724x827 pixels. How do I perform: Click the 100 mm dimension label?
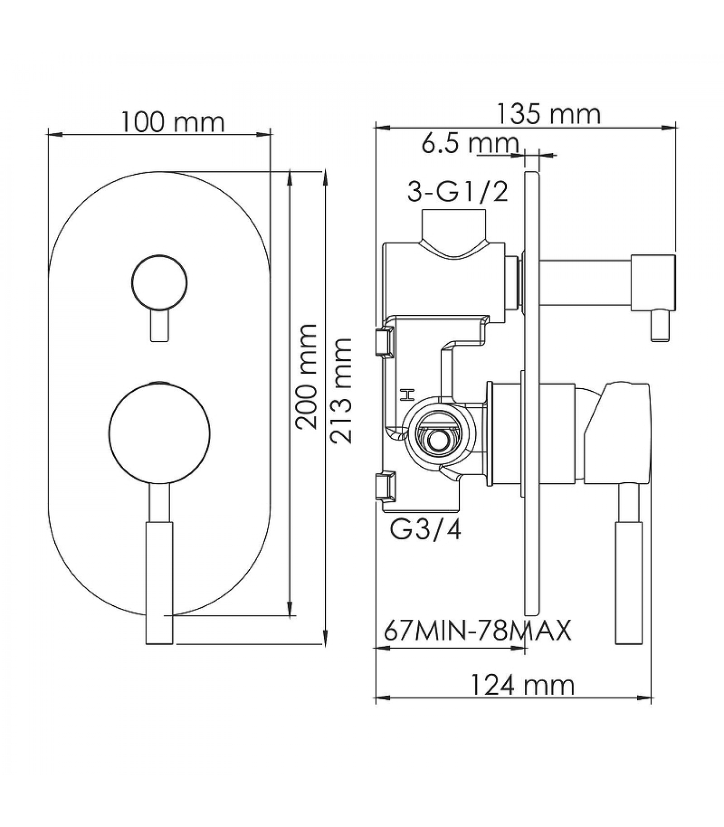click(173, 122)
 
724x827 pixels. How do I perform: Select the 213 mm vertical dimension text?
click(341, 390)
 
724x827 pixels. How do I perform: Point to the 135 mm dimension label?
click(549, 114)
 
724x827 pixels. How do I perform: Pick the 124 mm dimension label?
click(522, 685)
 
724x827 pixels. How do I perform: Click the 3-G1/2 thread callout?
click(458, 192)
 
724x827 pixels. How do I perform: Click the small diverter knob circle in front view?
click(159, 283)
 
